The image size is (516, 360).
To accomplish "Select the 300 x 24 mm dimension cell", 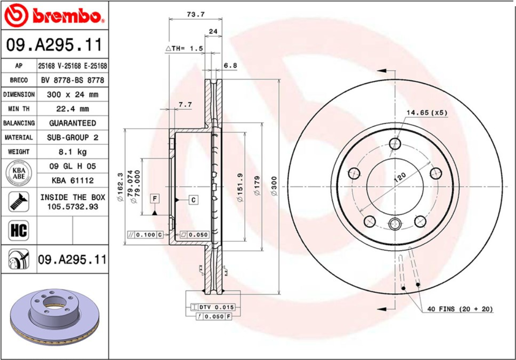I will pos(72,95).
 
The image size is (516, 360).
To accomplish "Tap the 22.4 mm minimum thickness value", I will pos(72,109).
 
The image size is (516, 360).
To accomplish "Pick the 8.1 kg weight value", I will pos(72,152).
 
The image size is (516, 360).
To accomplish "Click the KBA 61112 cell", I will pos(72,180).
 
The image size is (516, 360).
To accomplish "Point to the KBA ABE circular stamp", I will pos(19,173).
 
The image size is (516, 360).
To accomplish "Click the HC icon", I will pos(19,231).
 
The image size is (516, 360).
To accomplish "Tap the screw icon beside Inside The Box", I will pos(19,202).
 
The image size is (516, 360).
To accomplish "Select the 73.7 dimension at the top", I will pos(195,14).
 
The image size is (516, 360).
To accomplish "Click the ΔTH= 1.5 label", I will pos(184,48).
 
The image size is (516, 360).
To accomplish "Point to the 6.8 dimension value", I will pos(230,65).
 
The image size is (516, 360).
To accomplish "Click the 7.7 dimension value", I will pos(185,104).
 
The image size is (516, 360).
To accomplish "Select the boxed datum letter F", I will pos(155,199).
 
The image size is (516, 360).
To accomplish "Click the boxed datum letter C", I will pos(193,200).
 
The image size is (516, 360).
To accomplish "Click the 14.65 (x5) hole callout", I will pos(426,113).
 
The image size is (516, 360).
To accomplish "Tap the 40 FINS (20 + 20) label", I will pos(460,309).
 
